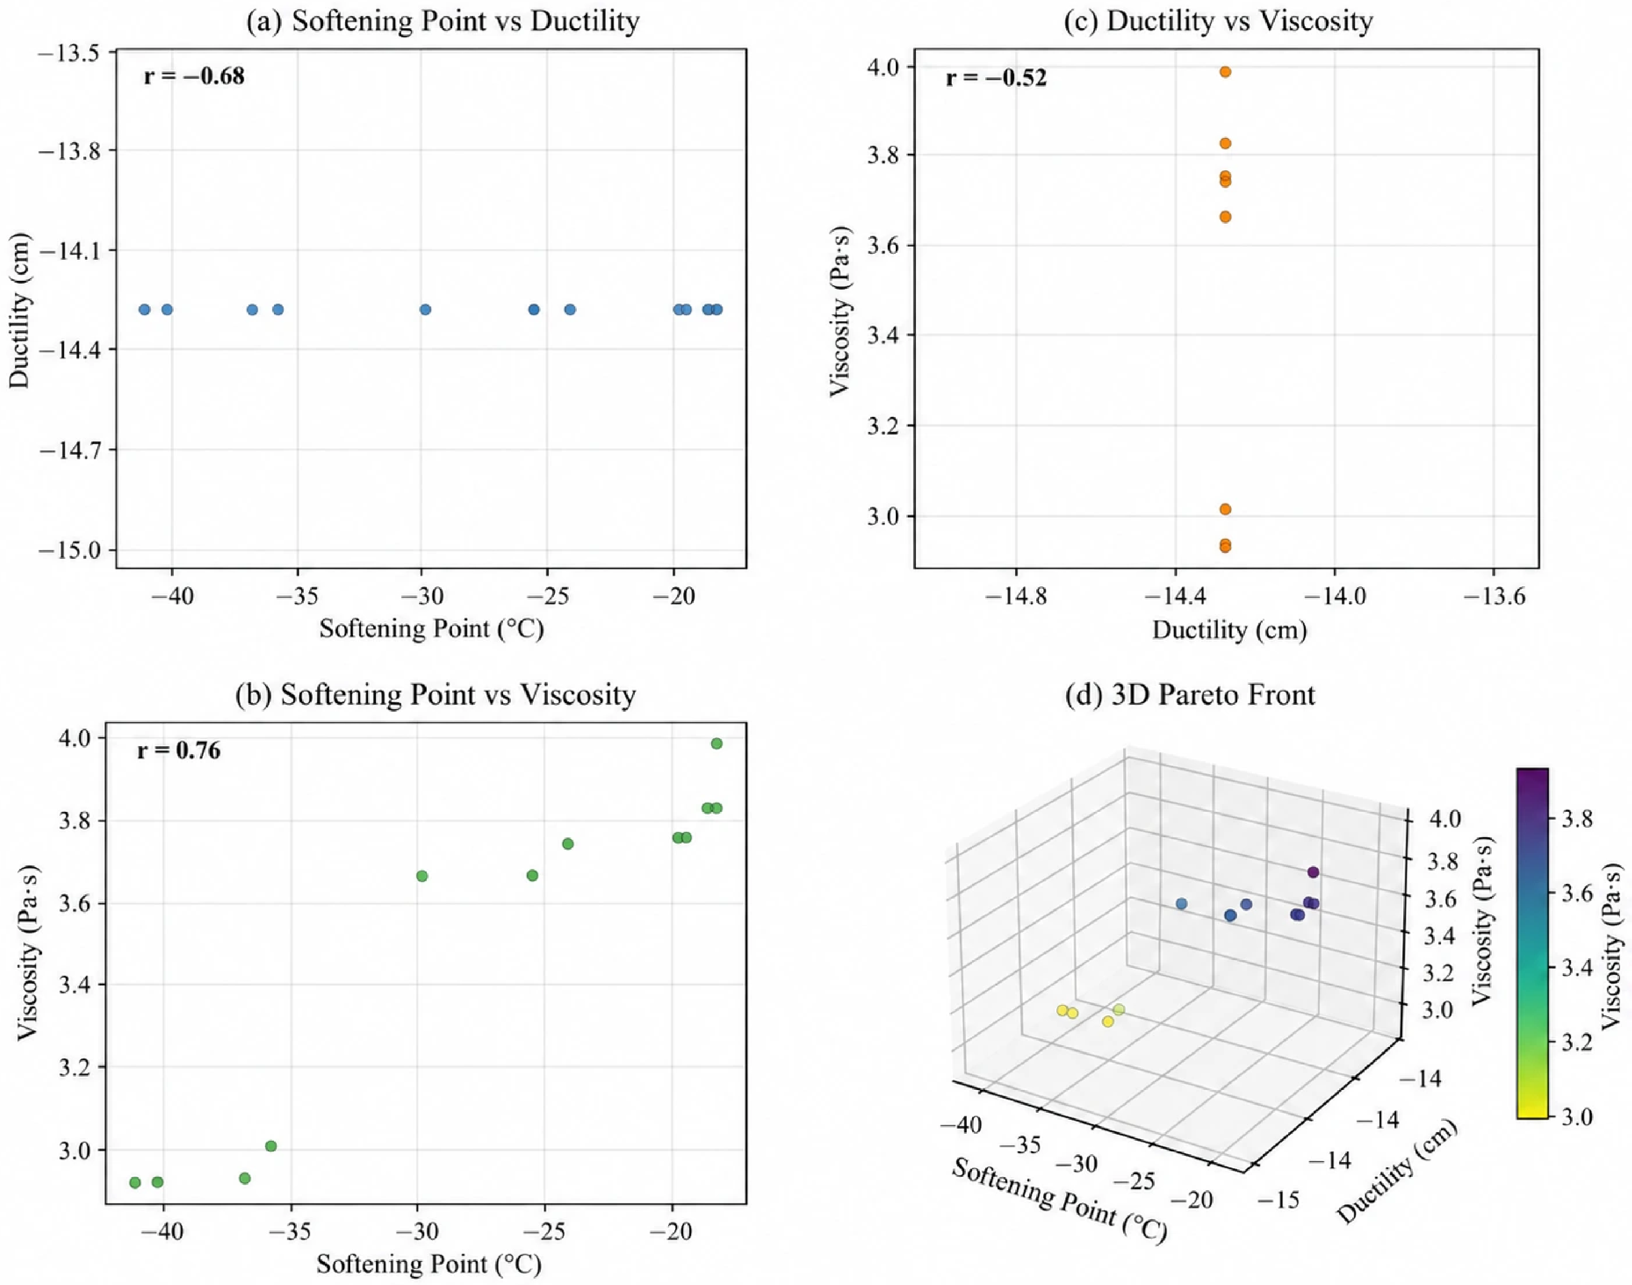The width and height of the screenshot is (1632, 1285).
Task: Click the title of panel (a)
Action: click(443, 20)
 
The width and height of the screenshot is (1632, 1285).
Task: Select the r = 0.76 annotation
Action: click(179, 750)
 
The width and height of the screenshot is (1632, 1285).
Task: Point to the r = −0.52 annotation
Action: click(996, 77)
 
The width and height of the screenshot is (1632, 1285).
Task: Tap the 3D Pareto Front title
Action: click(1191, 694)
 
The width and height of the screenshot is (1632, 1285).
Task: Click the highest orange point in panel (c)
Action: click(1225, 72)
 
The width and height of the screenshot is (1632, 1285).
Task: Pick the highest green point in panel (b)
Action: click(716, 743)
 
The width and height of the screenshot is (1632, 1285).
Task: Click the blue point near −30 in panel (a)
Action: click(425, 309)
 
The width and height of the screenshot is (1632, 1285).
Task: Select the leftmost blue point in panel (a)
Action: click(144, 309)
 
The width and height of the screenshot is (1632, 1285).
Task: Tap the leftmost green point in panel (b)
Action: click(135, 1183)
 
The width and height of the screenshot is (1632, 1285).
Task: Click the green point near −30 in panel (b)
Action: click(422, 875)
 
